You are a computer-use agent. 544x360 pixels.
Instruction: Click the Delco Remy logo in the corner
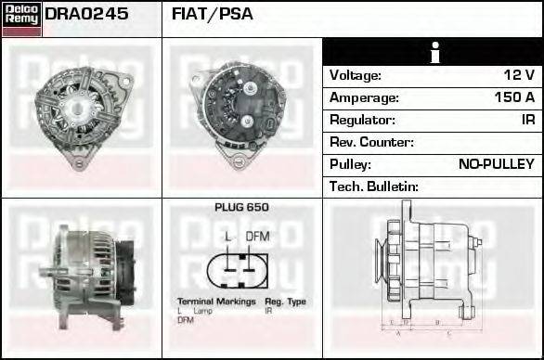21,19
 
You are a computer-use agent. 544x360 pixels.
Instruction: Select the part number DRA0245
86,15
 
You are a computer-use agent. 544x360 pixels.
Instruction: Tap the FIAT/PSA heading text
213,15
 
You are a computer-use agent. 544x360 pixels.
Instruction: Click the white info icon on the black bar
433,52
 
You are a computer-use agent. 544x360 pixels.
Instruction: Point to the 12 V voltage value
517,75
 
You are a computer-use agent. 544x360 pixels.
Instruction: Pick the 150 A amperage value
513,97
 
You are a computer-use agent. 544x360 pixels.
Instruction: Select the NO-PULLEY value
497,164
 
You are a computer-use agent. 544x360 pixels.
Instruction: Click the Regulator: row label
362,120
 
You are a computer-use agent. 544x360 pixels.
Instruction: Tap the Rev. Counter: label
371,142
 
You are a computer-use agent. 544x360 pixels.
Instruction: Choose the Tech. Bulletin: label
374,186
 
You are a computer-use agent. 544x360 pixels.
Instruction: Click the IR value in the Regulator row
527,120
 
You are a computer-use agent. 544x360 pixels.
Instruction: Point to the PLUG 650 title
241,208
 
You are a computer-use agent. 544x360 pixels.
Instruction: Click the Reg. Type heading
285,302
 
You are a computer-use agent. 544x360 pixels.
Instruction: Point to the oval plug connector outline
241,267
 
